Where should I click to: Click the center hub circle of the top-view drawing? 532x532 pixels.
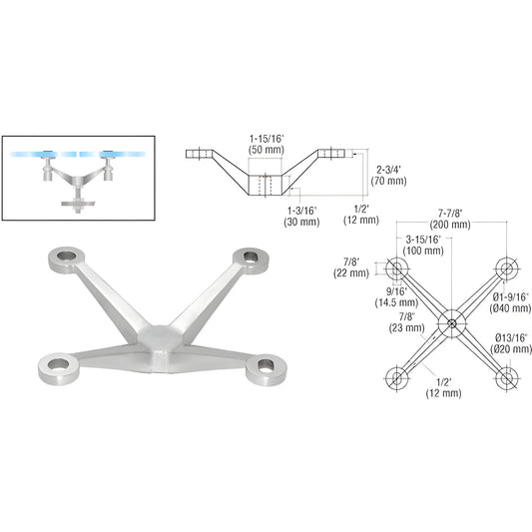[452, 322]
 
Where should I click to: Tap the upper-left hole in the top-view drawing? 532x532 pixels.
[398, 268]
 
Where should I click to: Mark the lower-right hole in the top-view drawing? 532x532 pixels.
[507, 377]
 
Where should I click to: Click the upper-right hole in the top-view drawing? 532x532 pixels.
[507, 268]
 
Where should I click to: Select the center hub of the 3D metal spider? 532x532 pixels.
[158, 336]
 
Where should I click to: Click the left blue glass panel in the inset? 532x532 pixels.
[41, 155]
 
